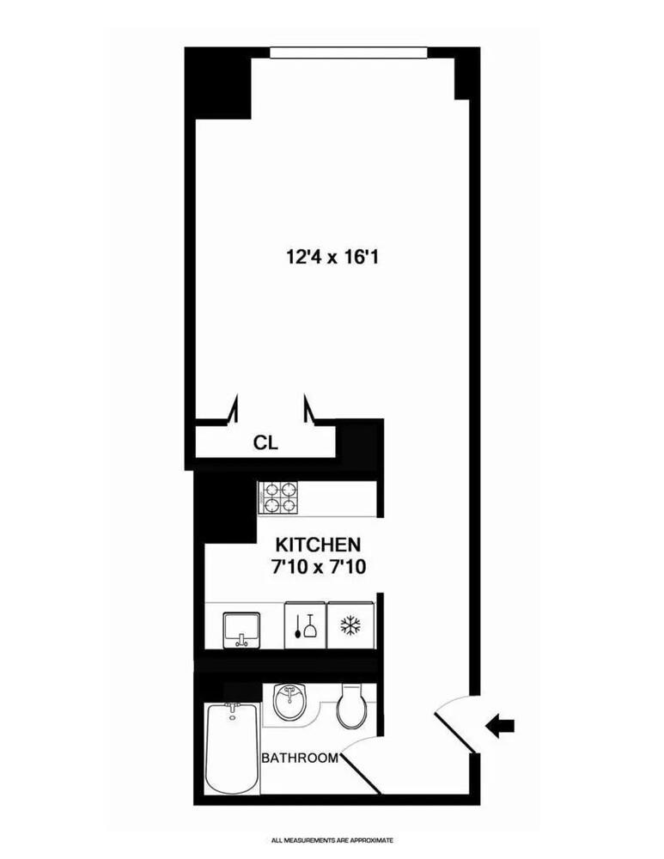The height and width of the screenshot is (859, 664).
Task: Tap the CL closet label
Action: [x=265, y=443]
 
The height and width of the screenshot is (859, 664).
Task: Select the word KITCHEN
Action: [x=317, y=545]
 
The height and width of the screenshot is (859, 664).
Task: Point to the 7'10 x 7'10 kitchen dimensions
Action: [x=317, y=566]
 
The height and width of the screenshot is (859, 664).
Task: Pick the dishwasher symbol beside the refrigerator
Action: [x=305, y=625]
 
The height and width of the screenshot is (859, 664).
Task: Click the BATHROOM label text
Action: [x=299, y=758]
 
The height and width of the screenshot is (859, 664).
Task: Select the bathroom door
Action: [x=361, y=773]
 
